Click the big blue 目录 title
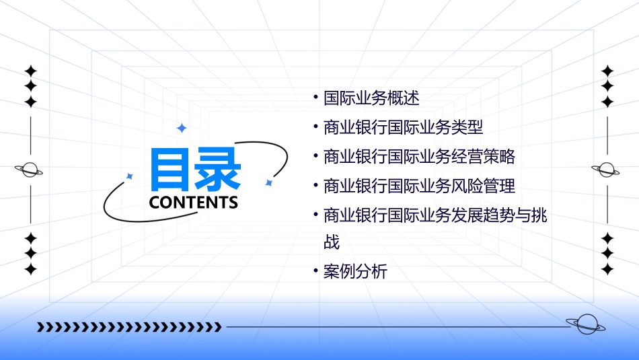pyautogui.click(x=194, y=170)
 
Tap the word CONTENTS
pyautogui.click(x=194, y=203)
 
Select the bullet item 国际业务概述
pyautogui.click(x=371, y=98)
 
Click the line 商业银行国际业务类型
pyautogui.click(x=403, y=127)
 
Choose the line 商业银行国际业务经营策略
pyautogui.click(x=419, y=157)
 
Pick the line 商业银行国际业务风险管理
pyautogui.click(x=419, y=186)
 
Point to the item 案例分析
pyautogui.click(x=355, y=272)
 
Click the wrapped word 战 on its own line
pyautogui.click(x=332, y=242)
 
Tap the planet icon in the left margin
pyautogui.click(x=30, y=170)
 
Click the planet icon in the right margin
pyautogui.click(x=605, y=170)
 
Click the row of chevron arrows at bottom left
pyautogui.click(x=129, y=327)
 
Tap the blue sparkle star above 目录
pyautogui.click(x=181, y=128)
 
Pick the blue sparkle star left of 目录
pyautogui.click(x=130, y=176)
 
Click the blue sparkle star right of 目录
pyautogui.click(x=268, y=182)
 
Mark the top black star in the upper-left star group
pyautogui.click(x=30, y=71)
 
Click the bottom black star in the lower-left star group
pyautogui.click(x=30, y=269)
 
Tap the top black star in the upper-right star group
pyautogui.click(x=607, y=71)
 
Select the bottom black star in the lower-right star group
pyautogui.click(x=607, y=269)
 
